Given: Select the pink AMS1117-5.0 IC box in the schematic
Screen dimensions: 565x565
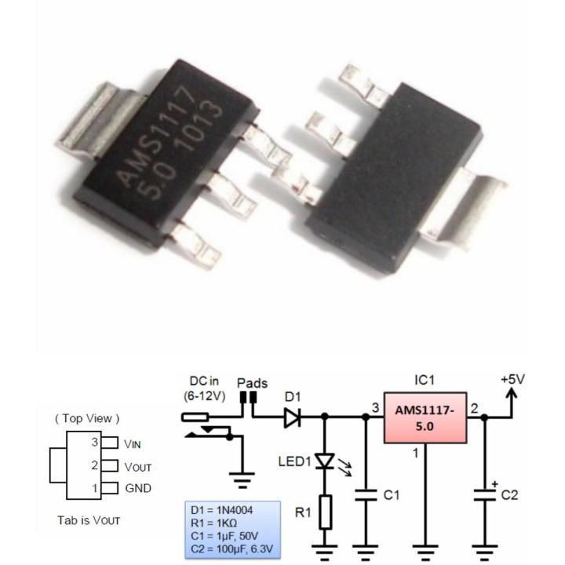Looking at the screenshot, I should (425, 419).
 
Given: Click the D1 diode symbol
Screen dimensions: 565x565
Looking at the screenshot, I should (293, 418).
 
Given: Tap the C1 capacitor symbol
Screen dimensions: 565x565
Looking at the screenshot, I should (364, 495).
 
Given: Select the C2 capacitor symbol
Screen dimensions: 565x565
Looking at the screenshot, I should (484, 495).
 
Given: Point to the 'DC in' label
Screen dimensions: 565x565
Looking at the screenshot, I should (205, 382).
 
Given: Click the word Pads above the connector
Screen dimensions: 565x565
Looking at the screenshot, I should (252, 384).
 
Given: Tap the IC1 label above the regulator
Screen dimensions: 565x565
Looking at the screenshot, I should (424, 380).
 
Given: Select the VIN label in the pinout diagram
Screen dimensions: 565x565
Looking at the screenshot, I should (137, 443).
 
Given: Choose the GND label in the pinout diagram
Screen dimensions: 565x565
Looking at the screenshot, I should (138, 488).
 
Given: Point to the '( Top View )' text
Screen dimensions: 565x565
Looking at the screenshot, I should (87, 418).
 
